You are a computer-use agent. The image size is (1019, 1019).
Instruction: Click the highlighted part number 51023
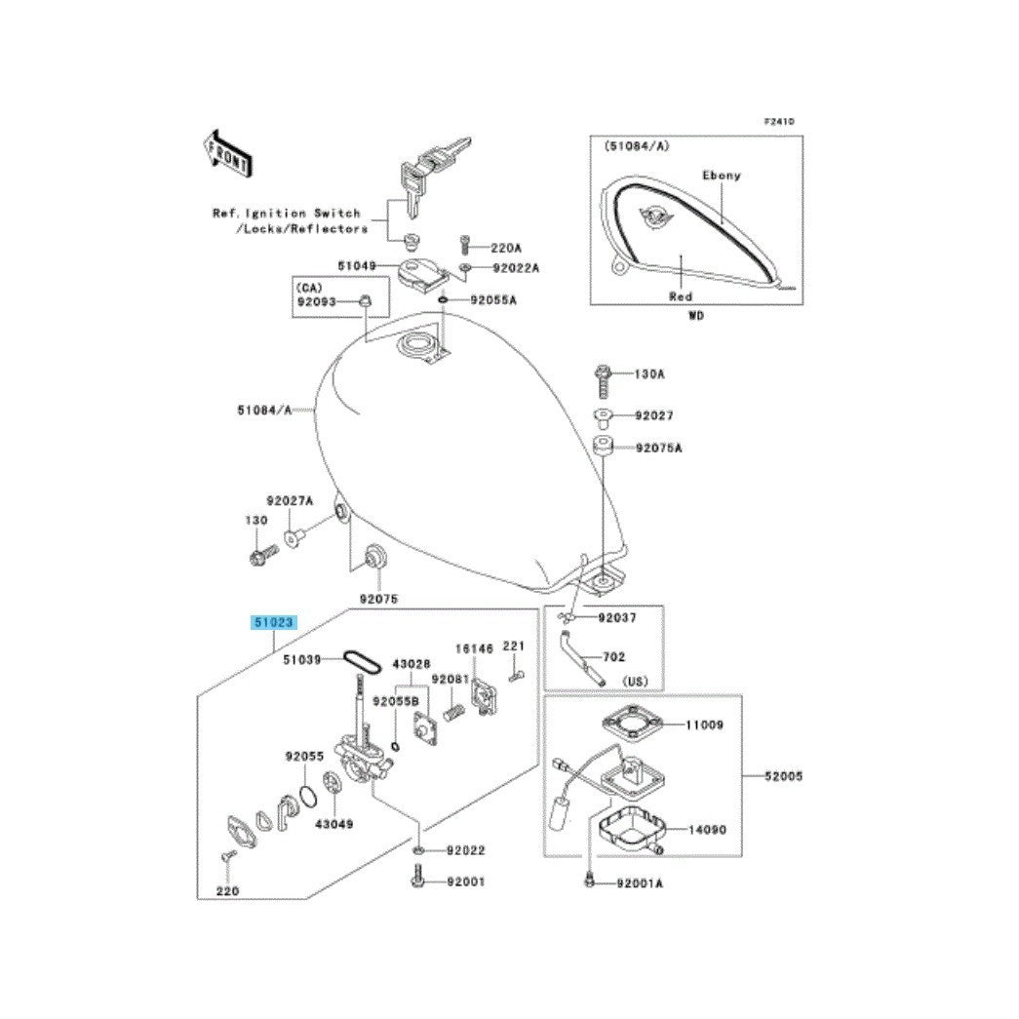[274, 622]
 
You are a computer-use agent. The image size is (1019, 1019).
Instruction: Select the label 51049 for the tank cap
[357, 266]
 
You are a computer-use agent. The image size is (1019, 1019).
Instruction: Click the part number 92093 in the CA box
[317, 302]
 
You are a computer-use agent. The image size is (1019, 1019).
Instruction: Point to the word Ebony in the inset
[722, 176]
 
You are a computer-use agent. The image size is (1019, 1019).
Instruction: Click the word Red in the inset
[681, 296]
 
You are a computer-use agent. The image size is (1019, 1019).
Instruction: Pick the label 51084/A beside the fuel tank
[264, 411]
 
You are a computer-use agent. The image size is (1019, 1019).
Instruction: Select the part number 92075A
[658, 448]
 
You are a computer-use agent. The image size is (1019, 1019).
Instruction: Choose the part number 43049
[334, 824]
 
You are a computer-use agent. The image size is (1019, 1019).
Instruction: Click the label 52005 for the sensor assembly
[783, 776]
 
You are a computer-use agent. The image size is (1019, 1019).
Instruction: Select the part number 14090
[707, 829]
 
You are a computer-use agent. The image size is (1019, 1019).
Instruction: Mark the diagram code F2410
[778, 121]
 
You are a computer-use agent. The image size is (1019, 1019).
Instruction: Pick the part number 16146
[474, 648]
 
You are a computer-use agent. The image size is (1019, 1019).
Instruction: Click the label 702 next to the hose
[613, 657]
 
